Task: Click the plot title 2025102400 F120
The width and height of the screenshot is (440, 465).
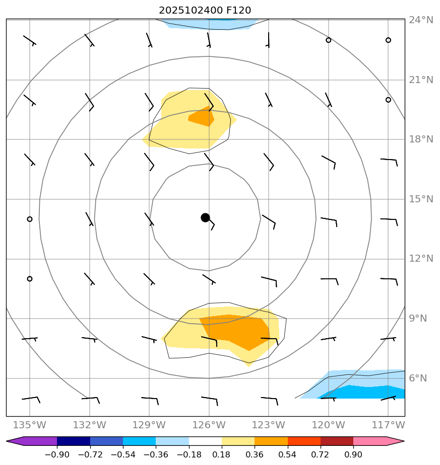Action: pos(205,11)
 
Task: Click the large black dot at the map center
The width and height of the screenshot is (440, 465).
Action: pos(205,217)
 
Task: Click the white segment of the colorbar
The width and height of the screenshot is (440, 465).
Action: pos(205,441)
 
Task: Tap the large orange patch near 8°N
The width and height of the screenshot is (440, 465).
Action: pos(237,330)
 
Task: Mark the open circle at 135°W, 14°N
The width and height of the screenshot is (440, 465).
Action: pos(30,219)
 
